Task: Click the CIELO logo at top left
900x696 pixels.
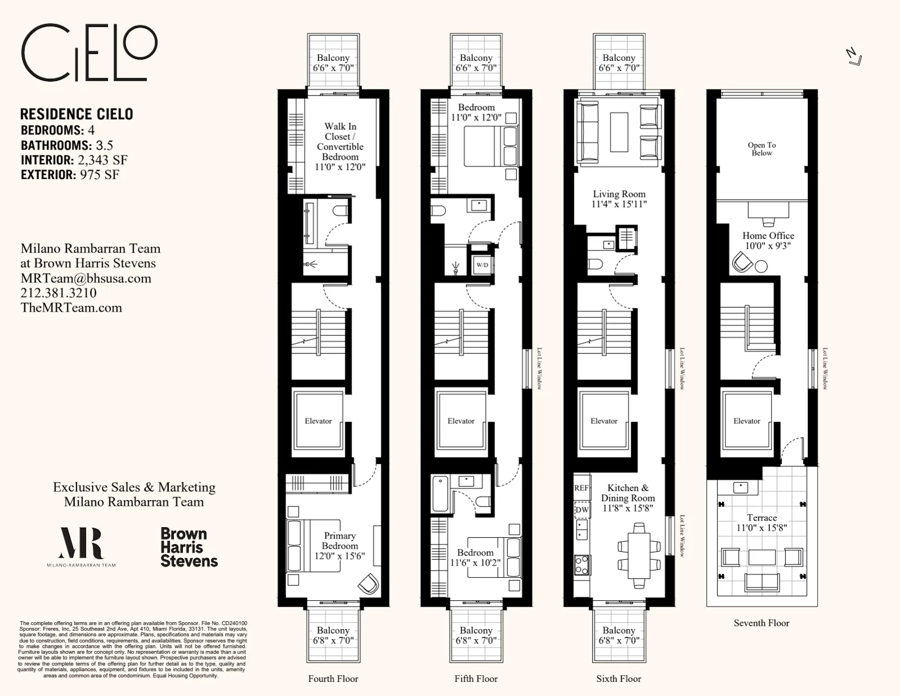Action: (x=89, y=53)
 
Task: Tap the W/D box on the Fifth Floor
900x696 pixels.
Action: (x=482, y=264)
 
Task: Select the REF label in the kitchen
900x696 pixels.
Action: (x=582, y=488)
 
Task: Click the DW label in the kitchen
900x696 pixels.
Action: (x=582, y=510)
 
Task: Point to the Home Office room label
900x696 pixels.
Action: (x=768, y=236)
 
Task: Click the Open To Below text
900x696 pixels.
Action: (x=762, y=149)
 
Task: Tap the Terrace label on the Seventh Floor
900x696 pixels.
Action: (x=762, y=518)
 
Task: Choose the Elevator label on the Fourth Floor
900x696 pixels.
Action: (x=318, y=421)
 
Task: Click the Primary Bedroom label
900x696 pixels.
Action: (x=340, y=541)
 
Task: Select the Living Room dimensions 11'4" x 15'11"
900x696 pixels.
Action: (x=619, y=204)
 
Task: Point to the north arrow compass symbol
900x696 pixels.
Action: (x=854, y=56)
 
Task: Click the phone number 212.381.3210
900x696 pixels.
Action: (x=58, y=293)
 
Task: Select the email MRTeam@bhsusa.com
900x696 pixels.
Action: (x=85, y=278)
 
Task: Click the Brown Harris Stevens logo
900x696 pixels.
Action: (x=188, y=547)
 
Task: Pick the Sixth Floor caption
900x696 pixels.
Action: (x=619, y=679)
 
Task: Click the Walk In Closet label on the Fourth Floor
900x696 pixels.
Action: (x=340, y=132)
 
